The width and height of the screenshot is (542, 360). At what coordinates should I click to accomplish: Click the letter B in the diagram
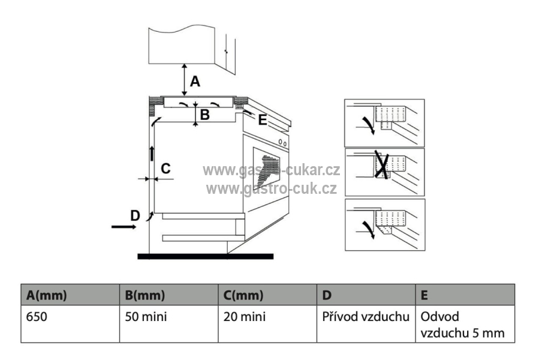click(204, 115)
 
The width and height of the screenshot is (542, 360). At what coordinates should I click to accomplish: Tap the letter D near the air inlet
click(135, 215)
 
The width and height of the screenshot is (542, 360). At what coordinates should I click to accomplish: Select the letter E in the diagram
click(261, 120)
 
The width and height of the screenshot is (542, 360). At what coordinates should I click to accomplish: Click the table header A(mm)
click(47, 295)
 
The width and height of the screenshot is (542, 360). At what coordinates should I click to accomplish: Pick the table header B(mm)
click(144, 295)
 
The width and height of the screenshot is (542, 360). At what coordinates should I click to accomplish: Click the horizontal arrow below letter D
click(124, 227)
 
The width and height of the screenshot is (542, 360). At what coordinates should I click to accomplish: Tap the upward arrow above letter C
click(152, 153)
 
